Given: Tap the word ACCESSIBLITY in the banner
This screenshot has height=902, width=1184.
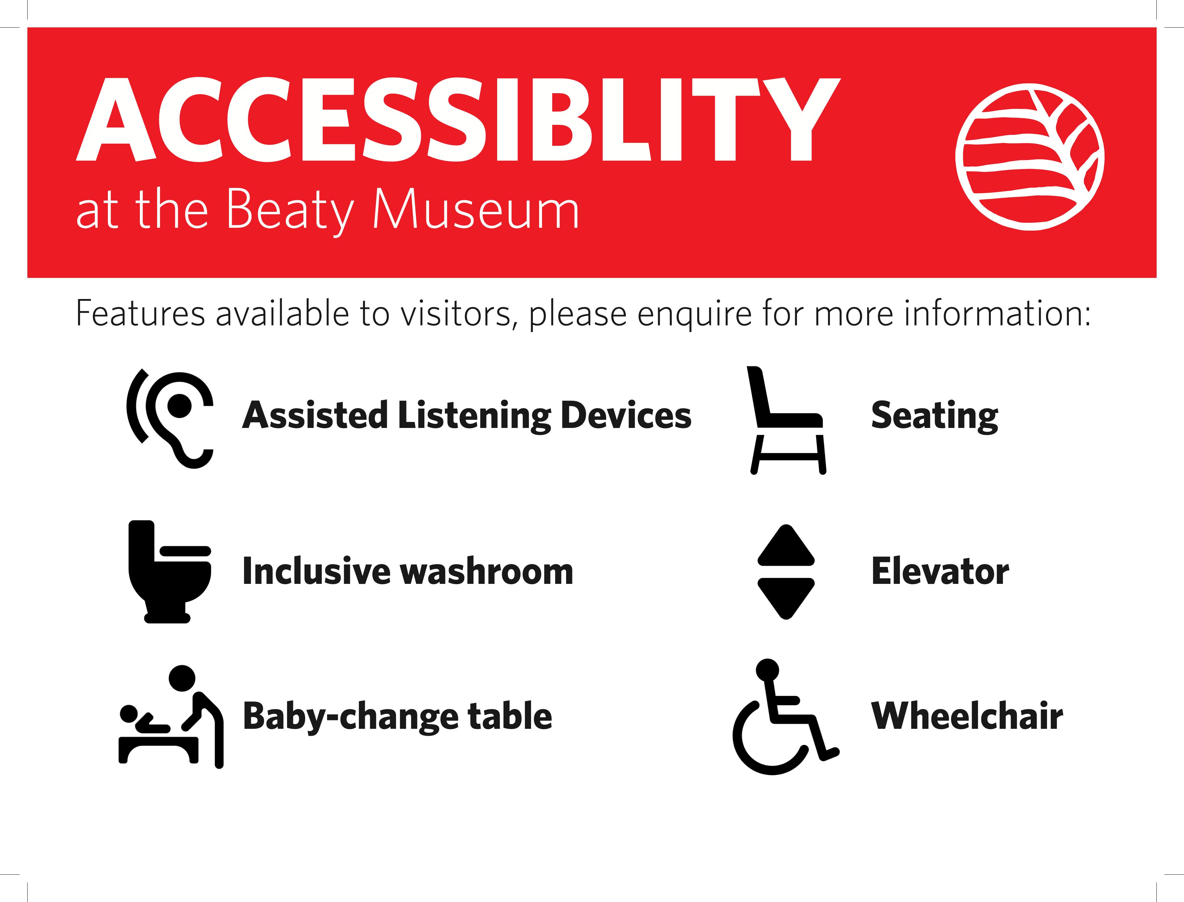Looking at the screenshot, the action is tap(458, 119).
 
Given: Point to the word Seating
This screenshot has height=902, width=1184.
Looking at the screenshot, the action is tap(934, 416).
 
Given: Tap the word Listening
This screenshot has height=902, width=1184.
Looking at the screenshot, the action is tap(475, 416).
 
